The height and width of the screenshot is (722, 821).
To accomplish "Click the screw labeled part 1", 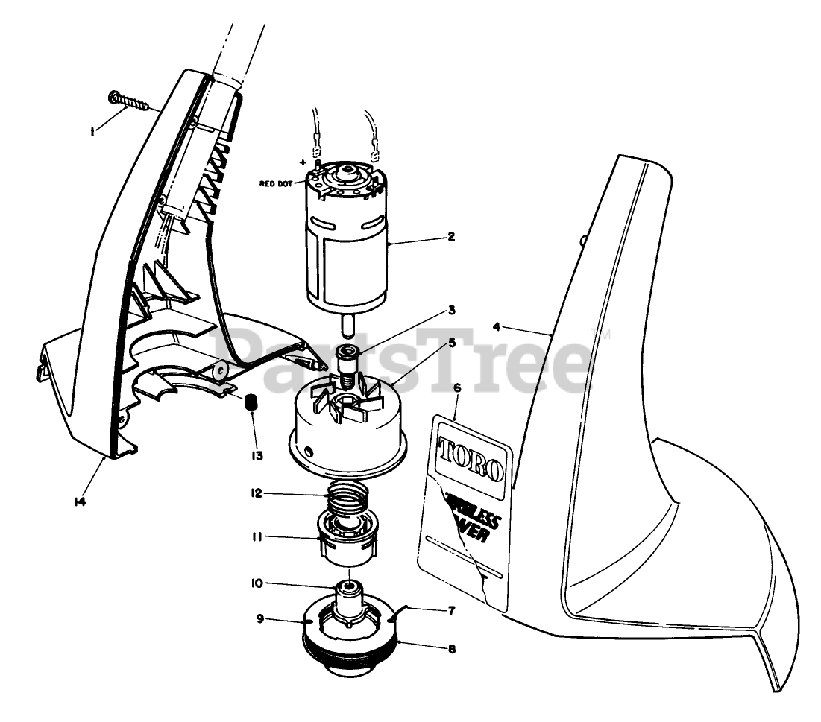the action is click(129, 101).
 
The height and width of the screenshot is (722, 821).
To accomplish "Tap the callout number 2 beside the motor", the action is click(450, 237).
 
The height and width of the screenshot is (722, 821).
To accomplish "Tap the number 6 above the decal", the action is click(456, 388).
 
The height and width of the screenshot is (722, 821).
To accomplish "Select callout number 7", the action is click(450, 609).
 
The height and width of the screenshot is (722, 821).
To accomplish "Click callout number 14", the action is click(80, 501).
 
